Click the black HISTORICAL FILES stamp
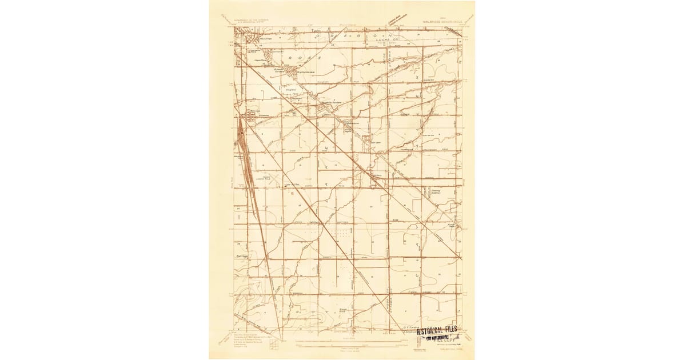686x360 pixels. [x=437, y=330]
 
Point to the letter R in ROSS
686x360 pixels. [x=290, y=58]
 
